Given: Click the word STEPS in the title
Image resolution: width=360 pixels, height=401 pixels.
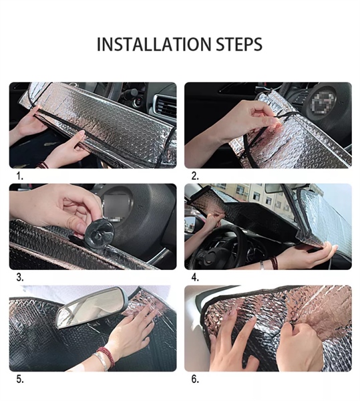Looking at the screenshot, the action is (x=239, y=44).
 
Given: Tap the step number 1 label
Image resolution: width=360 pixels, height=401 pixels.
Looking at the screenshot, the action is (x=19, y=176).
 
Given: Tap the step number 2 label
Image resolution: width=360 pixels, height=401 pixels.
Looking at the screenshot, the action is (x=195, y=176).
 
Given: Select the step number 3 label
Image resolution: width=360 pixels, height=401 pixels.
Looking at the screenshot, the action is (x=19, y=277).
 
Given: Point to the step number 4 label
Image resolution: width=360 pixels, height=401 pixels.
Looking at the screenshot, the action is (x=195, y=277).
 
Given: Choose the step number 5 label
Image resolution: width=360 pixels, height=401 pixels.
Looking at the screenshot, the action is (x=19, y=379).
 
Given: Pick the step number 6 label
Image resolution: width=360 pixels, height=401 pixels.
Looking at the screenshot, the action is (x=195, y=379).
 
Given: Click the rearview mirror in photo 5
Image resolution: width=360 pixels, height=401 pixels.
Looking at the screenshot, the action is (x=91, y=307).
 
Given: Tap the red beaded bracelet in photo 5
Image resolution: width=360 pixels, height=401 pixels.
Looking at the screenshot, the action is (x=106, y=356).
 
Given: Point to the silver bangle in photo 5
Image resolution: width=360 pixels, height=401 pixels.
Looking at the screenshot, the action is (x=101, y=361).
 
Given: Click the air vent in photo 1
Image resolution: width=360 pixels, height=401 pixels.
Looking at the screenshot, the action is (x=166, y=106).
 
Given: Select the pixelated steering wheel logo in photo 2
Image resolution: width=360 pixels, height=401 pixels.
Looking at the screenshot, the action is (x=323, y=103).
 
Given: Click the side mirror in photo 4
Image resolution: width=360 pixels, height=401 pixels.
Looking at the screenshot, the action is (x=190, y=225).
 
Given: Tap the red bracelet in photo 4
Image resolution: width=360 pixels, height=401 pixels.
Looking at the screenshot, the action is (x=274, y=263).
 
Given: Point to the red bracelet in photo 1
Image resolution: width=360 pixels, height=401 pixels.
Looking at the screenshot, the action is (x=43, y=165).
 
